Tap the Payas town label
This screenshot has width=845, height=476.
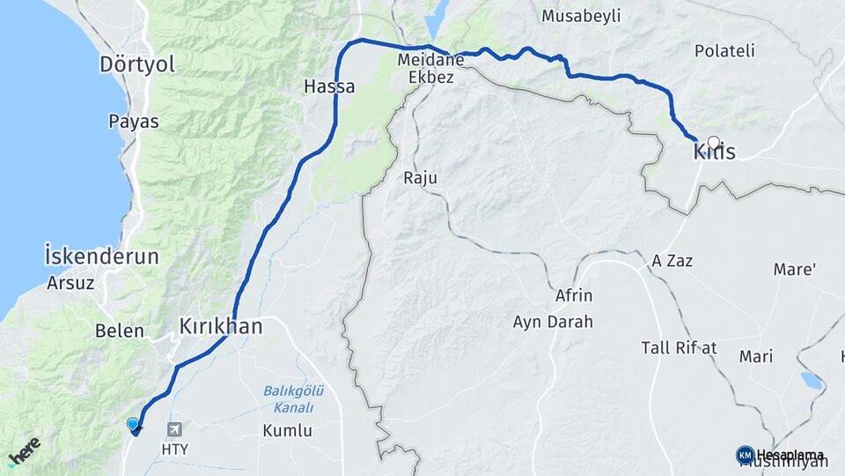coord(134,122)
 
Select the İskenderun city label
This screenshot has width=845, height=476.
coord(101,257)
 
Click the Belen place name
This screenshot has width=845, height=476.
coord(120,331)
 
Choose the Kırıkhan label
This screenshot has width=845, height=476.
coord(220,326)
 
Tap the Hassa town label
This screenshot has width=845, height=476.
coord(329,87)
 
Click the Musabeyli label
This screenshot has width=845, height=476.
coord(581,16)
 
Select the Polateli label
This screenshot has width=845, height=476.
coord(724,51)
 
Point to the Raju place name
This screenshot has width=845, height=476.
coord(420,178)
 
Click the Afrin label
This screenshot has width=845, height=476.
coord(574,295)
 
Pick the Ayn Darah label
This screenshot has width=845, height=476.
coord(553,322)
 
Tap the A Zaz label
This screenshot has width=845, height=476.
coord(673,261)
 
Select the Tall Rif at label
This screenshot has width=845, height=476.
coord(679,348)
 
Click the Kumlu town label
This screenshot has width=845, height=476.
coord(287,431)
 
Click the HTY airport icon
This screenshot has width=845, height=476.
coord(174,429)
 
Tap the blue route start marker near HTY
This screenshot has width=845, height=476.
coord(134,425)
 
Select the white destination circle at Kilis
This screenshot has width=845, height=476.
coord(713,141)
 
